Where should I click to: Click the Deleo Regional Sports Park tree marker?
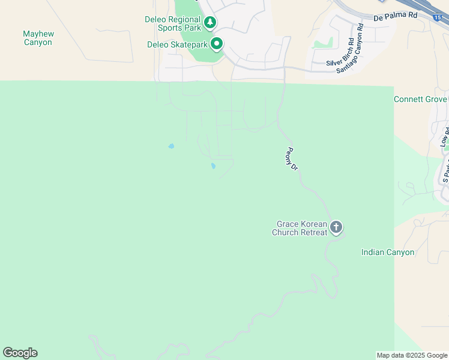(209, 23)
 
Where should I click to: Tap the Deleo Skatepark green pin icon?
(217, 44)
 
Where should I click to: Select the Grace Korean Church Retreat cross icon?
(336, 227)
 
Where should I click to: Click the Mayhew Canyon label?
(38, 38)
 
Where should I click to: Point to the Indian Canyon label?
(388, 252)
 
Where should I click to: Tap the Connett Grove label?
(420, 99)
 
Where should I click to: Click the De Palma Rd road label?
(395, 17)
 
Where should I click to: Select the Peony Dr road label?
(292, 159)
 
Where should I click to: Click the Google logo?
(20, 353)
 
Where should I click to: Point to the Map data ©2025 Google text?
(412, 355)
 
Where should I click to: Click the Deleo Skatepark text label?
(177, 44)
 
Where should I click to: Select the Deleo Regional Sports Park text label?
(173, 23)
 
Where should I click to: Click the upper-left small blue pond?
(171, 146)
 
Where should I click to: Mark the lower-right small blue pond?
(213, 166)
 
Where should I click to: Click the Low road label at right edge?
(444, 137)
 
